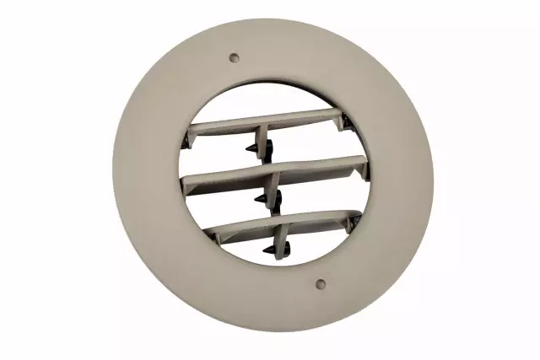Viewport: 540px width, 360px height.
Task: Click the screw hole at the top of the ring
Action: click(x=235, y=58)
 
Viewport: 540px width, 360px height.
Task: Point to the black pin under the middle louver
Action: click(x=262, y=199)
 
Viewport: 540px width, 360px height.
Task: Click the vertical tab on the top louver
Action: click(x=264, y=135)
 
